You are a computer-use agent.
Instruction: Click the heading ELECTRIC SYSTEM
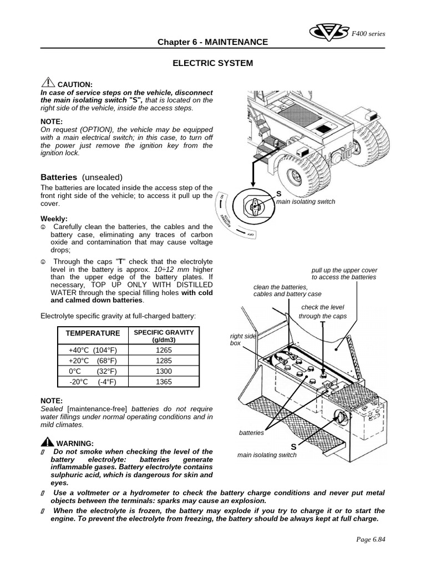coord(212,63)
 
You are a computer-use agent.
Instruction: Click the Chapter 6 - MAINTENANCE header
coord(212,42)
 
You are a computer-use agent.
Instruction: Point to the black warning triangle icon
coord(47,442)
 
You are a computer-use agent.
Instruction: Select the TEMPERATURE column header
coord(93,333)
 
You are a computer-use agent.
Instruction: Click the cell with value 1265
coord(164,350)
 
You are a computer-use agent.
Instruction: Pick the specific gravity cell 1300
coord(164,371)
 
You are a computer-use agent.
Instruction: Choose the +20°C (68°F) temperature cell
coord(93,361)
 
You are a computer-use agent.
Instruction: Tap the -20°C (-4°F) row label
coord(93,382)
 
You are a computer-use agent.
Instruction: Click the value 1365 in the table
coord(164,382)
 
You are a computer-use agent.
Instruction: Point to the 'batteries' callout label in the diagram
coord(251,433)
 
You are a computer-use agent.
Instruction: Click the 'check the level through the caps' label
coord(322,312)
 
